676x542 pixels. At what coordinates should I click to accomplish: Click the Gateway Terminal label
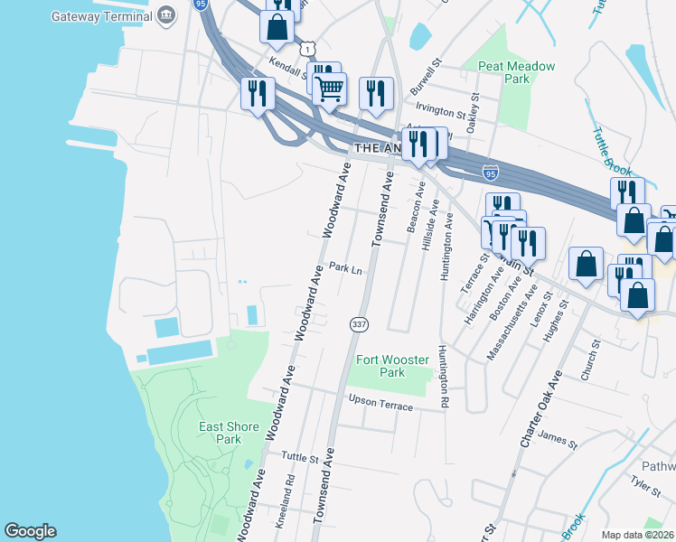pyautogui.click(x=102, y=16)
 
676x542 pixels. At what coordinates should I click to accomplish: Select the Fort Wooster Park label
pyautogui.click(x=392, y=366)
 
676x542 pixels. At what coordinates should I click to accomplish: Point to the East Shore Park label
pyautogui.click(x=229, y=433)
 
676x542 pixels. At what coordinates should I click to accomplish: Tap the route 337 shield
pyautogui.click(x=357, y=323)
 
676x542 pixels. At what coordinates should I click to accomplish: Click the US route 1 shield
pyautogui.click(x=309, y=47)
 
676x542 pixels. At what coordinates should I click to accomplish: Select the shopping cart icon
pyautogui.click(x=330, y=88)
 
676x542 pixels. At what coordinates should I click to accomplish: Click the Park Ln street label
pyautogui.click(x=345, y=268)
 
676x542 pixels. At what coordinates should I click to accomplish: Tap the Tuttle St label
pyautogui.click(x=302, y=458)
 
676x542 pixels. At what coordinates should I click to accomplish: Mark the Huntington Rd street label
pyautogui.click(x=444, y=377)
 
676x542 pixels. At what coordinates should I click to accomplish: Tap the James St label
pyautogui.click(x=557, y=439)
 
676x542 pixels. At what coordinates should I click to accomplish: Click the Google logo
pyautogui.click(x=30, y=531)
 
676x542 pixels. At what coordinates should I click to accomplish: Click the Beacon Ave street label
pyautogui.click(x=418, y=207)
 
